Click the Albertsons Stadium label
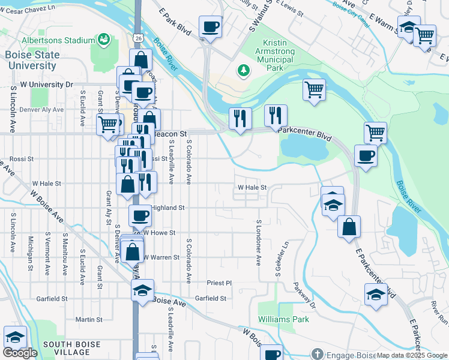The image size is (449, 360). (x=58, y=40)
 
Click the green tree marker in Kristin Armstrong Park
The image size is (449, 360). (x=244, y=71)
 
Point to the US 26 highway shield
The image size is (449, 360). (x=138, y=38)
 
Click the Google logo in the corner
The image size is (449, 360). (x=20, y=353)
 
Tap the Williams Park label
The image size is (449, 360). (x=283, y=319)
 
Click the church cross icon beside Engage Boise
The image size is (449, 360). (x=317, y=354)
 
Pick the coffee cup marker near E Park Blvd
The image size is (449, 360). (x=211, y=27)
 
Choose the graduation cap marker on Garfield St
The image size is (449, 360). (x=143, y=291)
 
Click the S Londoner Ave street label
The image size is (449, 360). (x=259, y=242)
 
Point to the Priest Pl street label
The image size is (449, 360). (x=219, y=283)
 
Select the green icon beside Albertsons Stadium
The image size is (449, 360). (x=104, y=40)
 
